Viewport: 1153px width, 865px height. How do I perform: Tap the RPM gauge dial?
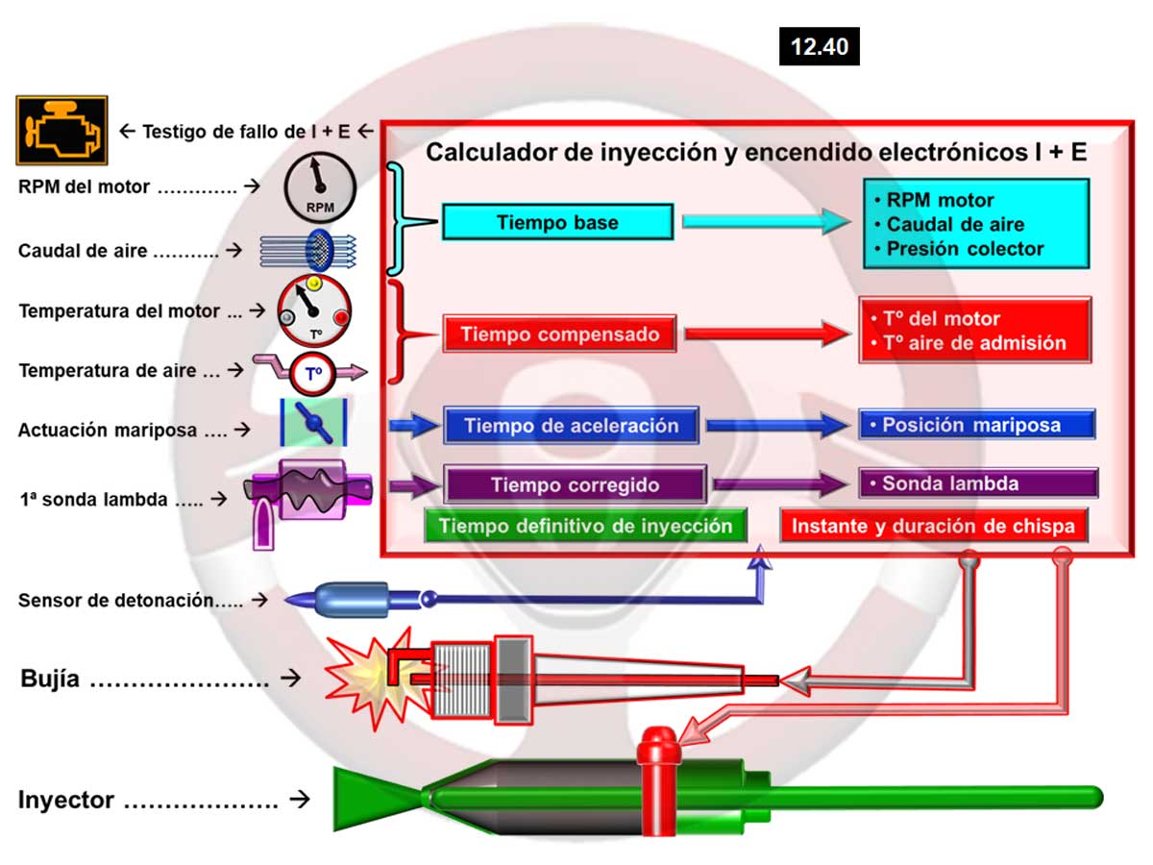pos(319,189)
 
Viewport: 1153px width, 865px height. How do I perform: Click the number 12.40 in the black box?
pos(819,46)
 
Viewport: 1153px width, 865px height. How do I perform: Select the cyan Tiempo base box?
pos(557,223)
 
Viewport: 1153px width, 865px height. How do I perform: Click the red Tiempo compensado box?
pos(560,334)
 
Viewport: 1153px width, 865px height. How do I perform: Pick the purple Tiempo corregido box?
pos(575,484)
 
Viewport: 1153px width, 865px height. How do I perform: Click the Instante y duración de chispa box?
pos(933,526)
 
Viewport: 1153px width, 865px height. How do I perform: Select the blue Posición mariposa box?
pos(976,425)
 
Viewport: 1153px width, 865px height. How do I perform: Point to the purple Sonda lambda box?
pos(977,483)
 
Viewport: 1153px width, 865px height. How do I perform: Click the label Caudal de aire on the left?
pos(83,252)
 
